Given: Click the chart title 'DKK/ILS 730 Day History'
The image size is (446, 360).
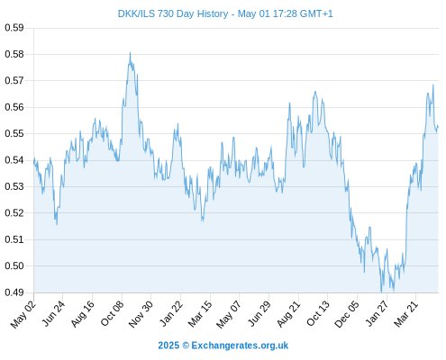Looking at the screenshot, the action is [x=173, y=13].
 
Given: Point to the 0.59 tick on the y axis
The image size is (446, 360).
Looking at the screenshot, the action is [x=14, y=28].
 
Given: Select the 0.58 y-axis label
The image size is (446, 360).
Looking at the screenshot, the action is [x=14, y=54].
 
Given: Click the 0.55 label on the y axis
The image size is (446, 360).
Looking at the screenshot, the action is [x=14, y=133].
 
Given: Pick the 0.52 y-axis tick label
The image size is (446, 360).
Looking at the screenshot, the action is [x=14, y=213].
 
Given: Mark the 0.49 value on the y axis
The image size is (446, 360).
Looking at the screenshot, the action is [x=14, y=292].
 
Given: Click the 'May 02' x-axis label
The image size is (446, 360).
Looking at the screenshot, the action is [x=23, y=314].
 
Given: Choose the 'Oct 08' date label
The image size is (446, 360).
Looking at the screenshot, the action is [x=112, y=313].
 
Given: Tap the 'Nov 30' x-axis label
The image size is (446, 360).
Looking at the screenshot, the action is [x=141, y=314].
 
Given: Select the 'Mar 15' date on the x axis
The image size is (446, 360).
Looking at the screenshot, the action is [x=200, y=313].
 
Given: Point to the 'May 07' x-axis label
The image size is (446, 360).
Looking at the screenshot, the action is [x=228, y=314].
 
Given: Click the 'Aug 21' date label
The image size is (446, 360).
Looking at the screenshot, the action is [x=288, y=313].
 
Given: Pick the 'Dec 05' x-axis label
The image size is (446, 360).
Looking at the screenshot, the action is [x=347, y=314].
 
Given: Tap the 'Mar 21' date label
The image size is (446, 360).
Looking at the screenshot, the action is [x=406, y=313].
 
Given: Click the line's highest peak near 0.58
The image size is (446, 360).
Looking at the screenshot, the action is [x=130, y=52].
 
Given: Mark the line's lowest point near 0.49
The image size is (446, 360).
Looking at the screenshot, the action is [x=381, y=292].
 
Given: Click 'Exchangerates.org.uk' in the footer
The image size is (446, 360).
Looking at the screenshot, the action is [x=240, y=346].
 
